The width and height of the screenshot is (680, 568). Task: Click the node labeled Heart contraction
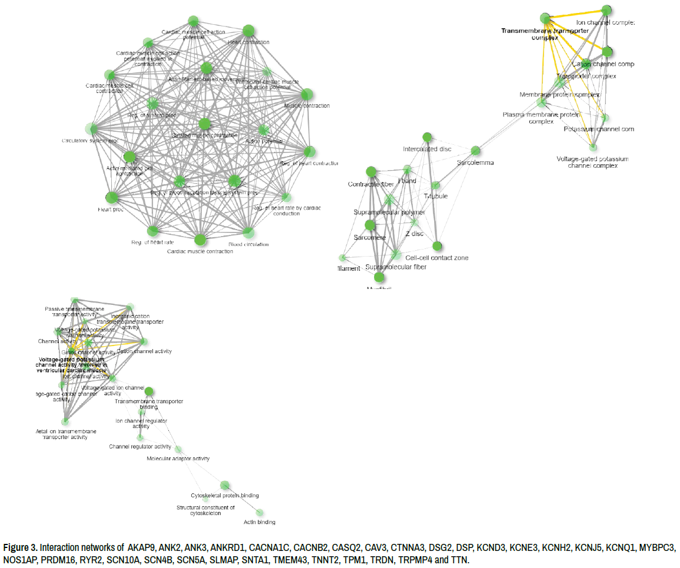[x=248, y=31]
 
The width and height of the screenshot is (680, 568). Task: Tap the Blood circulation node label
[x=248, y=244]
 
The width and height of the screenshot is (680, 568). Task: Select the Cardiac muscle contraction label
[x=200, y=251]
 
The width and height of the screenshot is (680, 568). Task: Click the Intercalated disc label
[x=427, y=149]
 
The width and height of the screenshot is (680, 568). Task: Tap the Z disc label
[x=414, y=234]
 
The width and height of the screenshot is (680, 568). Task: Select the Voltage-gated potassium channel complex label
[x=592, y=162]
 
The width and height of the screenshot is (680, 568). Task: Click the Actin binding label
[x=259, y=522]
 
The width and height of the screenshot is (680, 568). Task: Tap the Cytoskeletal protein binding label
[x=225, y=496]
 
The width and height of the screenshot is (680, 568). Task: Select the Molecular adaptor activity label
[x=178, y=459]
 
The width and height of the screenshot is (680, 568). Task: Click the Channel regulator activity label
[x=140, y=447]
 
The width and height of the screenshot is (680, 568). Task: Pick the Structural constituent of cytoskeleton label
[x=205, y=510]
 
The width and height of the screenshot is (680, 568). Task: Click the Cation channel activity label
[x=145, y=351]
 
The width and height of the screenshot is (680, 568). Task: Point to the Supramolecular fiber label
[x=396, y=267]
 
